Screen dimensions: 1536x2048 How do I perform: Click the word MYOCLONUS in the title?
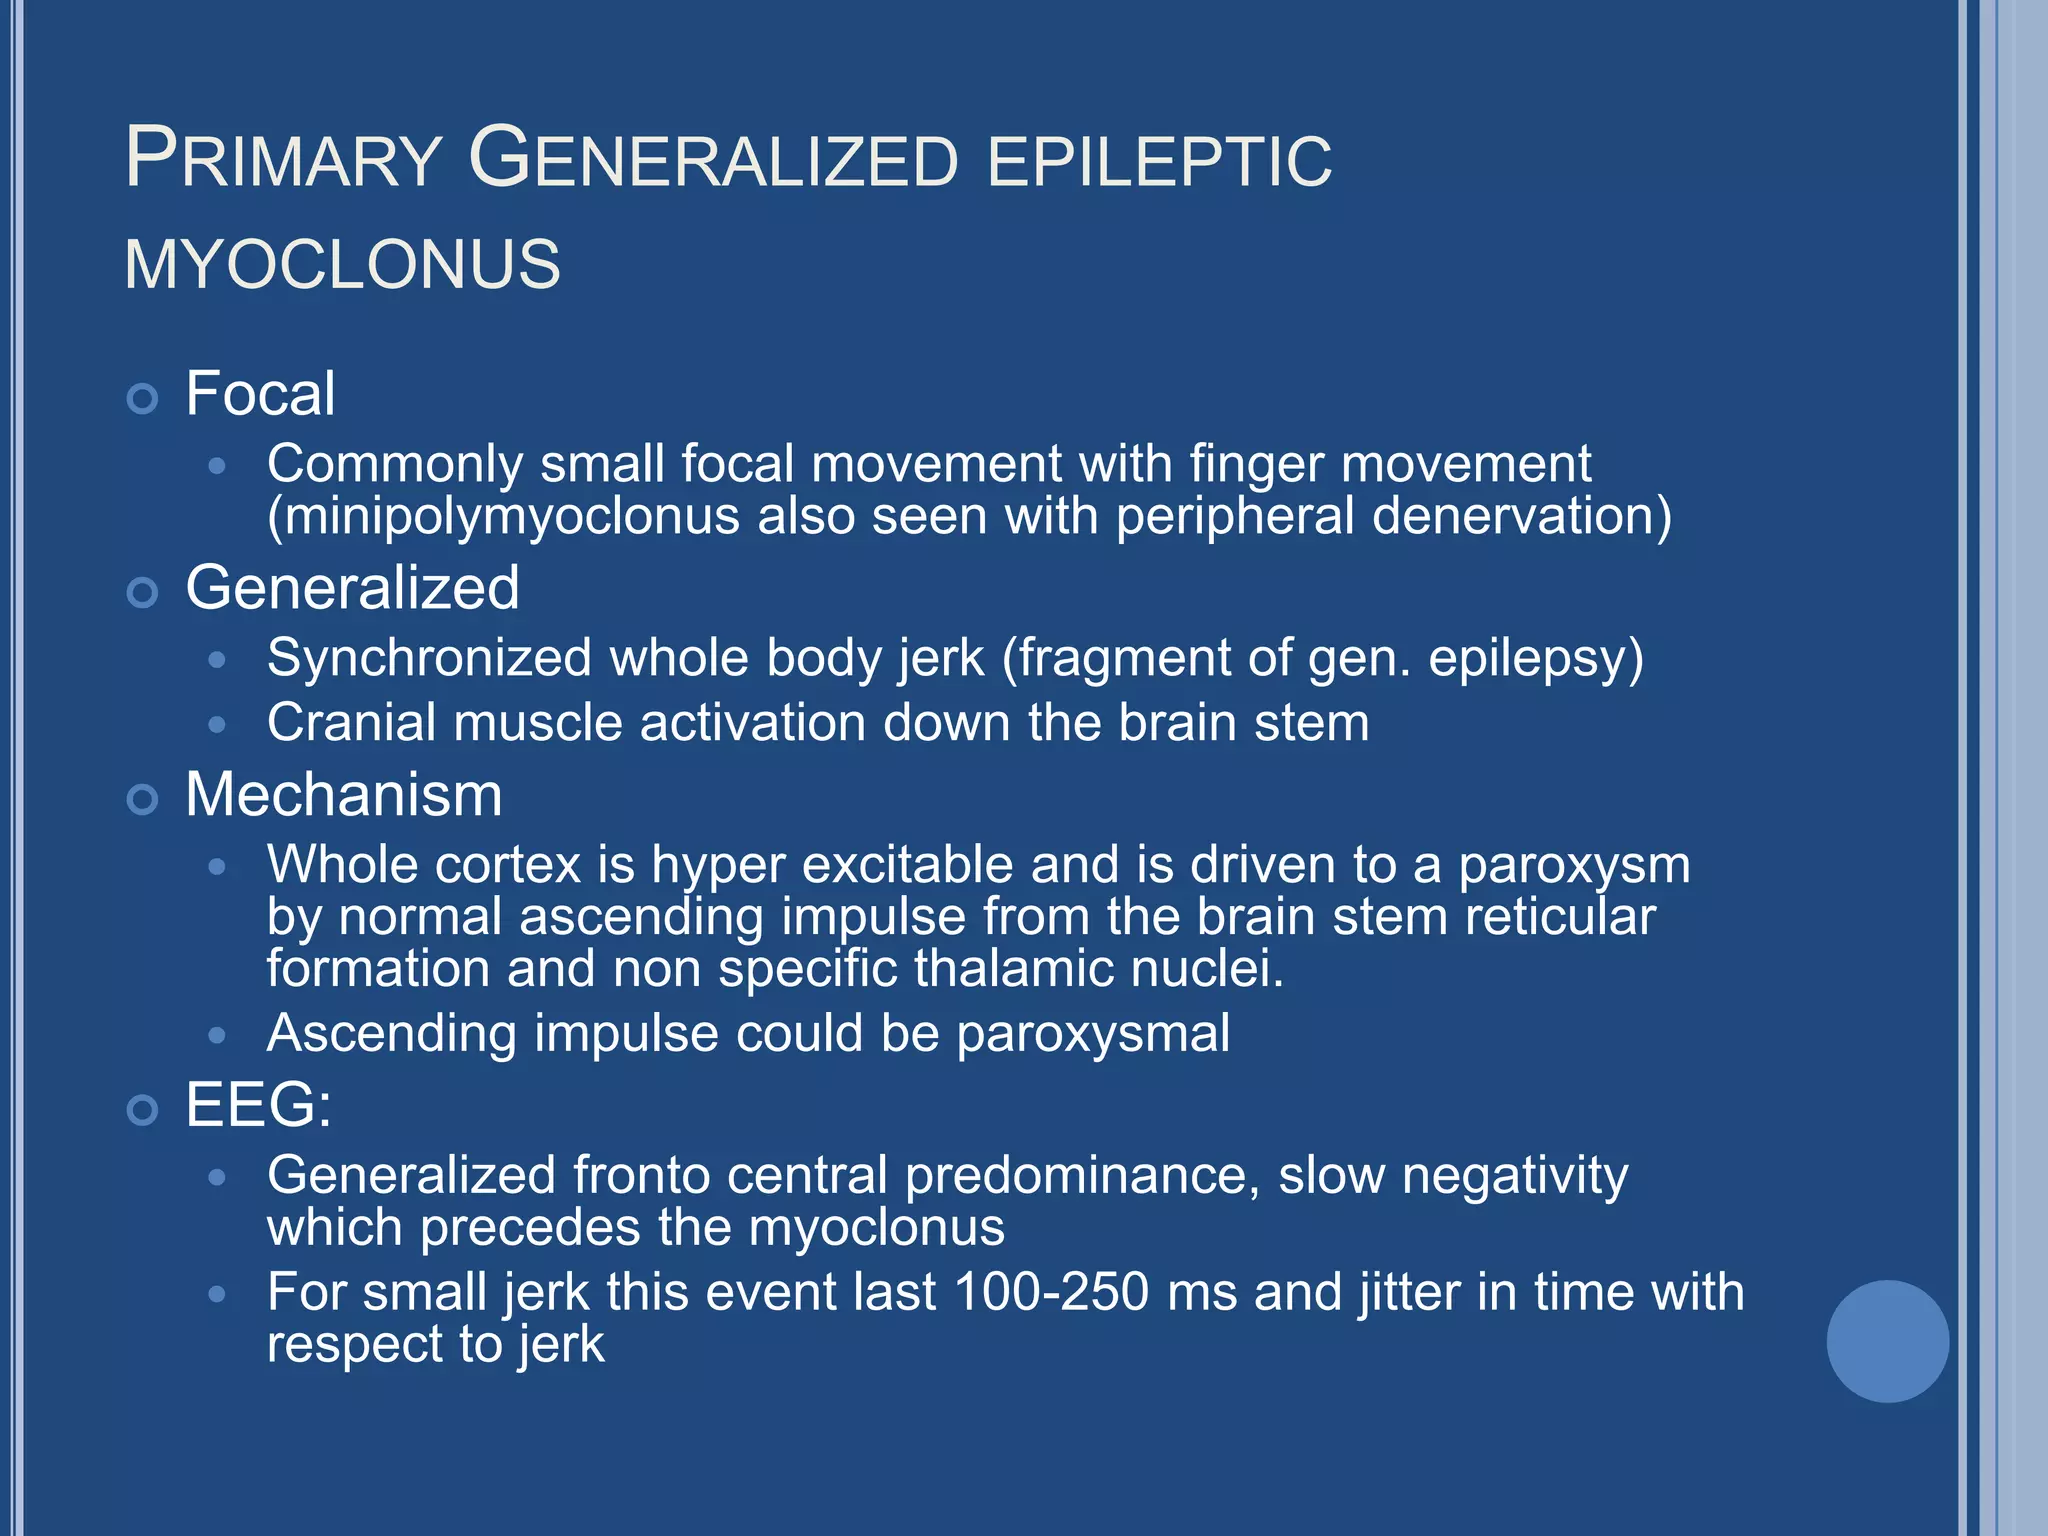pyautogui.click(x=342, y=265)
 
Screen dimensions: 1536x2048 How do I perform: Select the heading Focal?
pyautogui.click(x=260, y=393)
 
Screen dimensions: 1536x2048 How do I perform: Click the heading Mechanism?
pyautogui.click(x=344, y=795)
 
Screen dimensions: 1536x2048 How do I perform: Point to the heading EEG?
pyautogui.click(x=258, y=1105)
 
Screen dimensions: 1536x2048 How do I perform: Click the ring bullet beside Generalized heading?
pyautogui.click(x=143, y=593)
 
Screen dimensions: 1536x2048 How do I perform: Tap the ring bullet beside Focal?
pyautogui.click(x=143, y=399)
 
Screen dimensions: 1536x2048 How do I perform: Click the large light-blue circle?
pyautogui.click(x=1887, y=1341)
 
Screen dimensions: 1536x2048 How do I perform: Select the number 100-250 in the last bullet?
pyautogui.click(x=1051, y=1291)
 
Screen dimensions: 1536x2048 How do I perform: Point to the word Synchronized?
pyautogui.click(x=430, y=658)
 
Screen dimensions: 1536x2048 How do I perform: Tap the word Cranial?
pyautogui.click(x=351, y=722)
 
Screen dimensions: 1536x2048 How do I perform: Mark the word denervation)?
pyautogui.click(x=1521, y=517)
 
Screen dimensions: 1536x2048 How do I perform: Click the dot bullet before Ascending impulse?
pyautogui.click(x=217, y=1035)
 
